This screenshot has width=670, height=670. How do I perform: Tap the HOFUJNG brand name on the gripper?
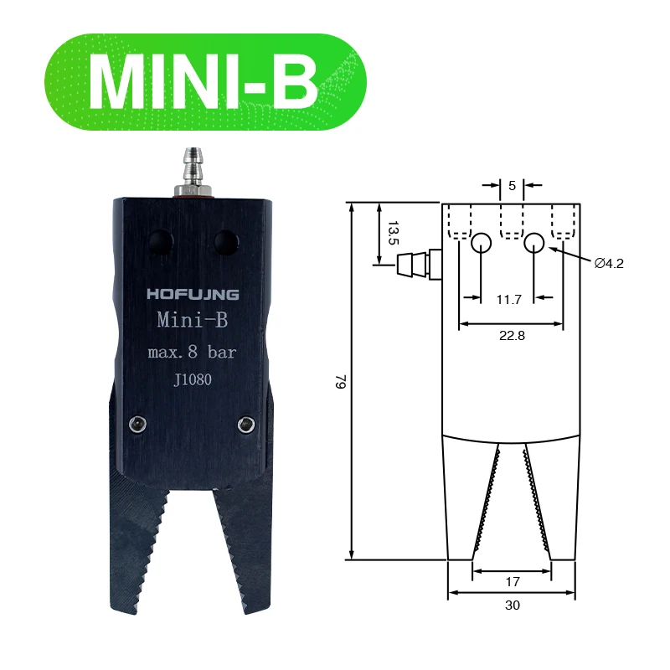point(193,294)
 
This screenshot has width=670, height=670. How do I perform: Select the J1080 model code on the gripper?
point(192,379)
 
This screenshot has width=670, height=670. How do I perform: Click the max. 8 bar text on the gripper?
point(192,353)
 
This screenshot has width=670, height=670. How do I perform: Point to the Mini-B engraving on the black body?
point(193,321)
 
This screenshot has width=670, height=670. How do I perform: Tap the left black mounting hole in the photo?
point(160,242)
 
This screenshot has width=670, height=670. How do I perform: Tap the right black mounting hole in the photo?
point(224,242)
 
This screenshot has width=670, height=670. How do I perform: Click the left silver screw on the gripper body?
point(133,425)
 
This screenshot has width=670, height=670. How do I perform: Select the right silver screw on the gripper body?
point(245,425)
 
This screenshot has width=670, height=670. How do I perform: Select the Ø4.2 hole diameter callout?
point(609,263)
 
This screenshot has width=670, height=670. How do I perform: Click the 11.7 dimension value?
point(509,298)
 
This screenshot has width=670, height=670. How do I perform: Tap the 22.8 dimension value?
point(511,335)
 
